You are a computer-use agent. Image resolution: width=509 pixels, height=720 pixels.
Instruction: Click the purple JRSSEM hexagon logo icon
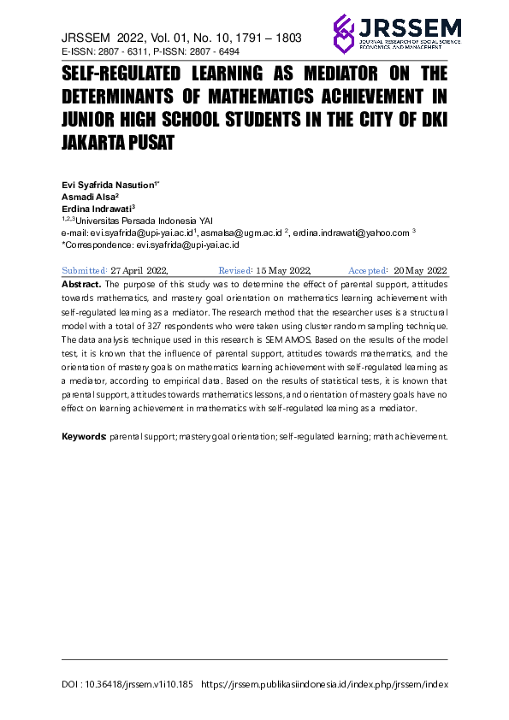coord(344,33)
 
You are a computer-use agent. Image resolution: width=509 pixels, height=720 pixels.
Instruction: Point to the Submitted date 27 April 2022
coord(144,269)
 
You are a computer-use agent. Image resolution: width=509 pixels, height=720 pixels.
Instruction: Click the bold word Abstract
coord(82,282)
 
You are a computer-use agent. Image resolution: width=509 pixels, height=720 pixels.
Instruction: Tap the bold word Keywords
coord(84,436)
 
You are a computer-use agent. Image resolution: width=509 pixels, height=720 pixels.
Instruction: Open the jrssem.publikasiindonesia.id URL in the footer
coord(329,685)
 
